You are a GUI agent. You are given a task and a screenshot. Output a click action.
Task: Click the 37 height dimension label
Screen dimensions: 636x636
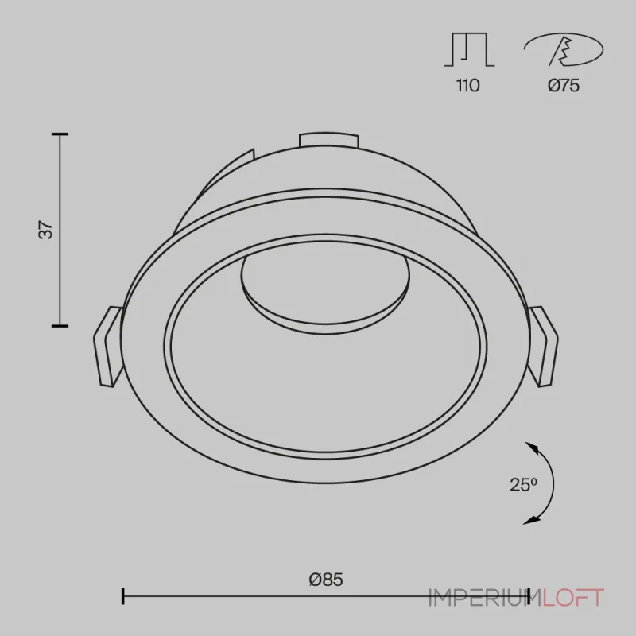(x=46, y=230)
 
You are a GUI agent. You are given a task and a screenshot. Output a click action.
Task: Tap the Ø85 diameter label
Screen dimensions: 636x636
(x=326, y=580)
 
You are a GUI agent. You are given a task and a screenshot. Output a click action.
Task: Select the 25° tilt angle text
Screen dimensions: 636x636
(x=523, y=485)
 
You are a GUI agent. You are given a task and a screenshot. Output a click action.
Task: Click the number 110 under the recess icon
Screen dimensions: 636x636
(x=468, y=86)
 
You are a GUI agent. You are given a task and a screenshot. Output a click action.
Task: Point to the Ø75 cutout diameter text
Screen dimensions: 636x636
(x=564, y=86)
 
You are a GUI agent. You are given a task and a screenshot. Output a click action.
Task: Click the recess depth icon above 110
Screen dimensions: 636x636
(x=469, y=49)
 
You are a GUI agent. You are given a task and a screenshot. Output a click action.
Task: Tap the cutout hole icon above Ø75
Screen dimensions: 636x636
(x=564, y=49)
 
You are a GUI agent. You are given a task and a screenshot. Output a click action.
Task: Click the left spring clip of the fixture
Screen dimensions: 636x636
(x=108, y=347)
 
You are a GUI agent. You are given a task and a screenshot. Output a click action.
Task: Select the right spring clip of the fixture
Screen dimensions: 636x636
(x=542, y=347)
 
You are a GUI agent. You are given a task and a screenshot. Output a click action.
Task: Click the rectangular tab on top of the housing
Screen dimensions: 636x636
(x=329, y=140)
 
